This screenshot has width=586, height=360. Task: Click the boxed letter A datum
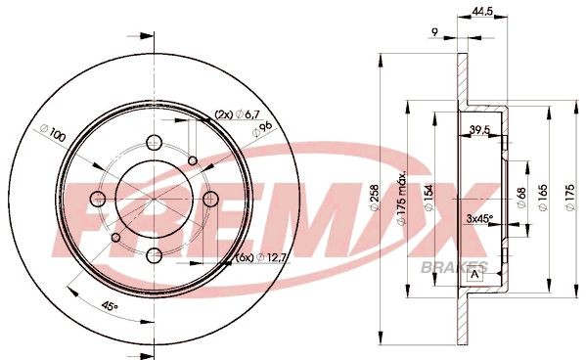[x=475, y=274]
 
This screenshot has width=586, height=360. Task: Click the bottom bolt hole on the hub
[x=156, y=255]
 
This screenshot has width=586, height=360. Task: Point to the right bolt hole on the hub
[x=210, y=200]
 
